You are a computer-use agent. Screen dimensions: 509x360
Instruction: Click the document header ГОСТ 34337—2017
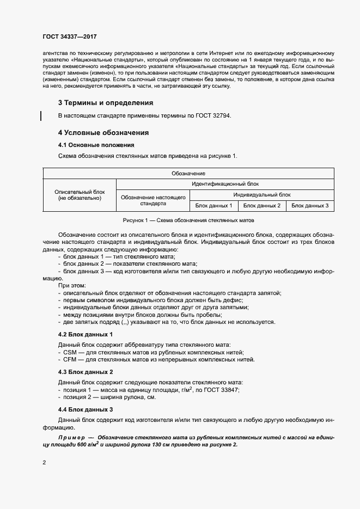pos(69,36)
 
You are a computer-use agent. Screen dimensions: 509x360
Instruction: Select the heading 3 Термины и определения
pos(106,103)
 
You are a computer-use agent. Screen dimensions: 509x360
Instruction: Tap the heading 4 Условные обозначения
pos(103,133)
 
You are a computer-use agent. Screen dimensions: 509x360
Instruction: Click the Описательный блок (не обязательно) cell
pos(80,195)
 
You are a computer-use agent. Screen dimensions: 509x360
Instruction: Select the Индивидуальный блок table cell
pos(262,194)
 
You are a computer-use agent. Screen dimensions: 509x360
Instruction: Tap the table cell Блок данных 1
pos(213,206)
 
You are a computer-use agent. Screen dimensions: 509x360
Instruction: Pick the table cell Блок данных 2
pos(261,206)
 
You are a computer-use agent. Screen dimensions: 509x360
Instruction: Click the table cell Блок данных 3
pos(310,206)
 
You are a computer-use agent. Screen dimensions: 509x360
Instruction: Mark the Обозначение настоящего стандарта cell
pos(152,200)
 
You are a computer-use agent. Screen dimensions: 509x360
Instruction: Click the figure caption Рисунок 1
pos(188,220)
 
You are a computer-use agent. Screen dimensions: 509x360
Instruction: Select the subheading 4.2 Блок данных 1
pos(85,334)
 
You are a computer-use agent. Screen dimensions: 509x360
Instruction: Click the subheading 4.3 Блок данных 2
pos(85,372)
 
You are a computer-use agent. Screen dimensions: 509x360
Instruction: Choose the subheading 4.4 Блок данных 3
pos(85,409)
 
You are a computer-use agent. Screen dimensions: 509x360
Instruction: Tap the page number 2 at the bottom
pos(44,462)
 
